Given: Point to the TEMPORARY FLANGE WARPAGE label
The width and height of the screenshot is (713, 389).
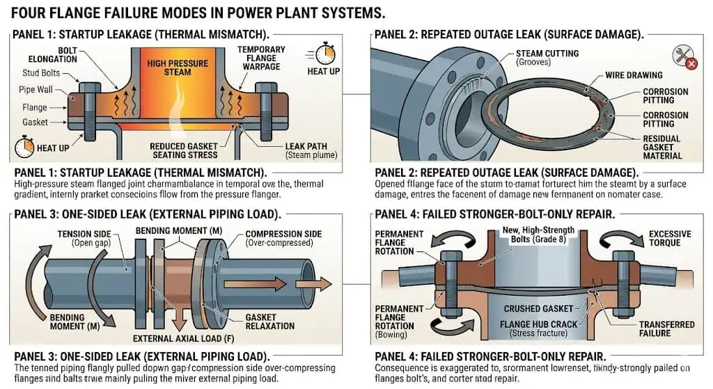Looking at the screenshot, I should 260,58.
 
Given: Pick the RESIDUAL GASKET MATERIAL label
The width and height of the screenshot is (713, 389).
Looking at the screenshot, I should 661,148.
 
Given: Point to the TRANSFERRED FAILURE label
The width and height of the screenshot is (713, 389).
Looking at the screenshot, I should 666,329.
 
